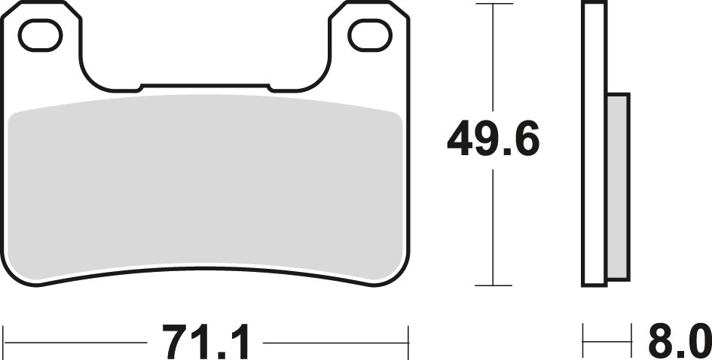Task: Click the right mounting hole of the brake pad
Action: (x=370, y=35)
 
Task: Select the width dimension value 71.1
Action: (x=205, y=343)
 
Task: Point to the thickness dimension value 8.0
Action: (x=679, y=343)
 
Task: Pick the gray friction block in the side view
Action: (x=618, y=187)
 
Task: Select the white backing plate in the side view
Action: (x=594, y=143)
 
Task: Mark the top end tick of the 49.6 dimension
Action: (x=493, y=4)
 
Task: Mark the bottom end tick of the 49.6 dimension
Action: (x=493, y=286)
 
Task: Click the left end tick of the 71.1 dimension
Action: (x=5, y=343)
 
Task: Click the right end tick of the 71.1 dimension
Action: (x=408, y=343)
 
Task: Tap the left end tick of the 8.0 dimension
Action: (x=583, y=343)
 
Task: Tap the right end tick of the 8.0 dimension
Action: (x=630, y=343)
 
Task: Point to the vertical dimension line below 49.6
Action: (x=493, y=226)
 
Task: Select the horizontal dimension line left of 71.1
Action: (x=75, y=343)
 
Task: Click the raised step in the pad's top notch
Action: (x=205, y=87)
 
